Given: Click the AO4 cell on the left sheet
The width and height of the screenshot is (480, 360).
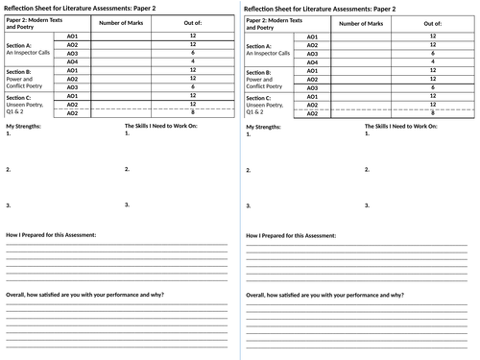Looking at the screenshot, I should pyautogui.click(x=72, y=61).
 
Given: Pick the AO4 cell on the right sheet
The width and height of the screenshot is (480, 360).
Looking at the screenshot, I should pyautogui.click(x=311, y=61).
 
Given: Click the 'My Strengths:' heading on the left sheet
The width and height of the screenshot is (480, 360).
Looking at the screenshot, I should pyautogui.click(x=23, y=127).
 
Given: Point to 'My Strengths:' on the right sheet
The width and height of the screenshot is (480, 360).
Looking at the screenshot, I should pyautogui.click(x=263, y=127).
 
